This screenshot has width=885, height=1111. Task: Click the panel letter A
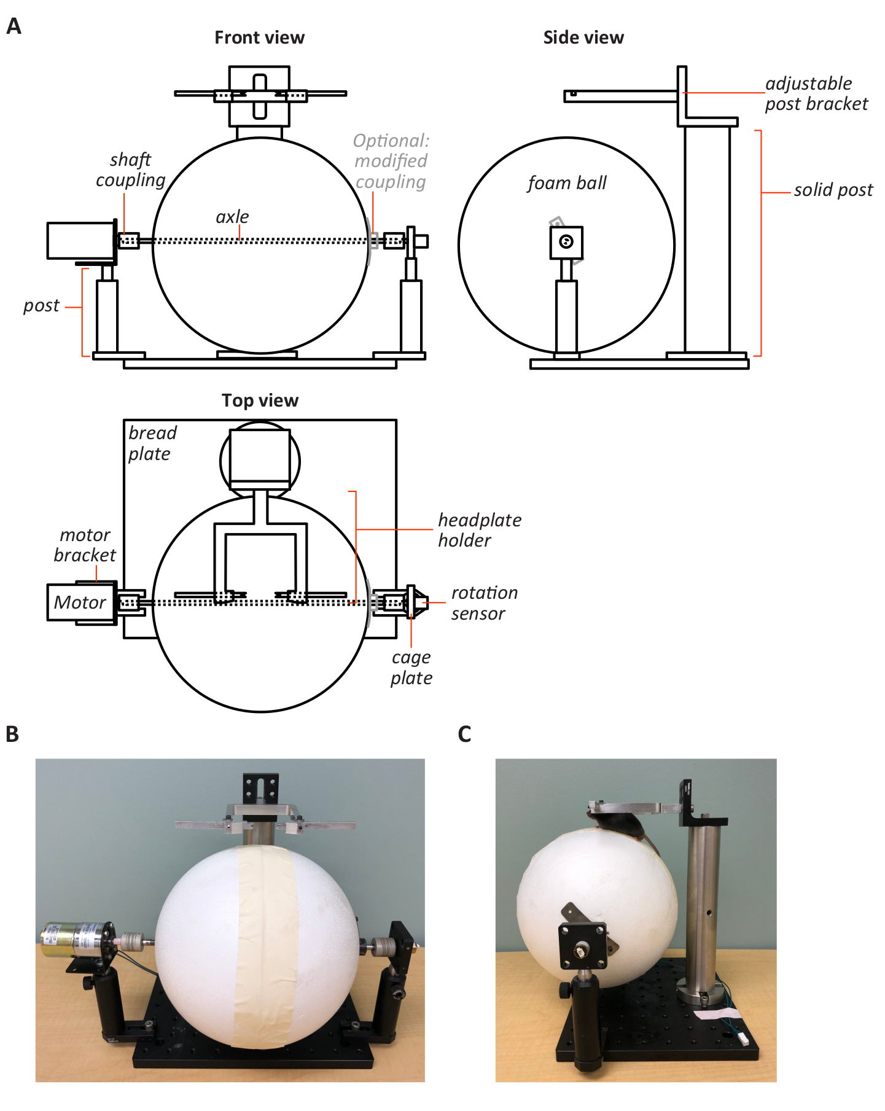point(14,26)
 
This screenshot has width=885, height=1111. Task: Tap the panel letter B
point(12,734)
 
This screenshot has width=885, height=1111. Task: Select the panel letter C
point(465,734)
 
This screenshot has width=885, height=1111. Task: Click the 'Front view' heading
point(259,38)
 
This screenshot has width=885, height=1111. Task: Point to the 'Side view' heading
point(583,38)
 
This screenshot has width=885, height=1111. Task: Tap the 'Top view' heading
point(260,400)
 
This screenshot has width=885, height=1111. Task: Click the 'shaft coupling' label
point(130,170)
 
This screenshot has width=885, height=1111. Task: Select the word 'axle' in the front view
point(232,217)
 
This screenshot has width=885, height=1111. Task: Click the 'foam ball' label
point(566,183)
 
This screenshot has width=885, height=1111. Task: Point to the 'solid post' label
point(833,190)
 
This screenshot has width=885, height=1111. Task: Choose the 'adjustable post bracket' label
point(816,94)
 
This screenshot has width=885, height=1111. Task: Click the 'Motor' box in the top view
point(80,602)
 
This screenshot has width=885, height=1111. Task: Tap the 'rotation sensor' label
point(484,603)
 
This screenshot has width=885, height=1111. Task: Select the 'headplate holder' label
point(479,530)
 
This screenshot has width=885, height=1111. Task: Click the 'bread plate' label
point(152,443)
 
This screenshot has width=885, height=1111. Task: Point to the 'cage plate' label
point(411,668)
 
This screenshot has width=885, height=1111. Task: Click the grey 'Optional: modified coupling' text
point(391,162)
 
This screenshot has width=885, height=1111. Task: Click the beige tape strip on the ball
point(266,946)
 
